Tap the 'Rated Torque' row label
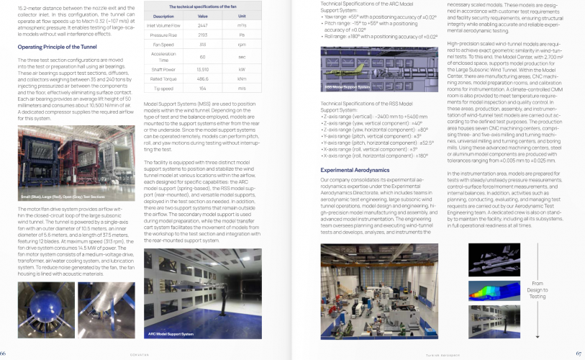click(164, 78)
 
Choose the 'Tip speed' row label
click(164, 88)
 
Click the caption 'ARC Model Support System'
click(171, 334)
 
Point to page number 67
click(579, 353)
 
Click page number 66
click(4, 353)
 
